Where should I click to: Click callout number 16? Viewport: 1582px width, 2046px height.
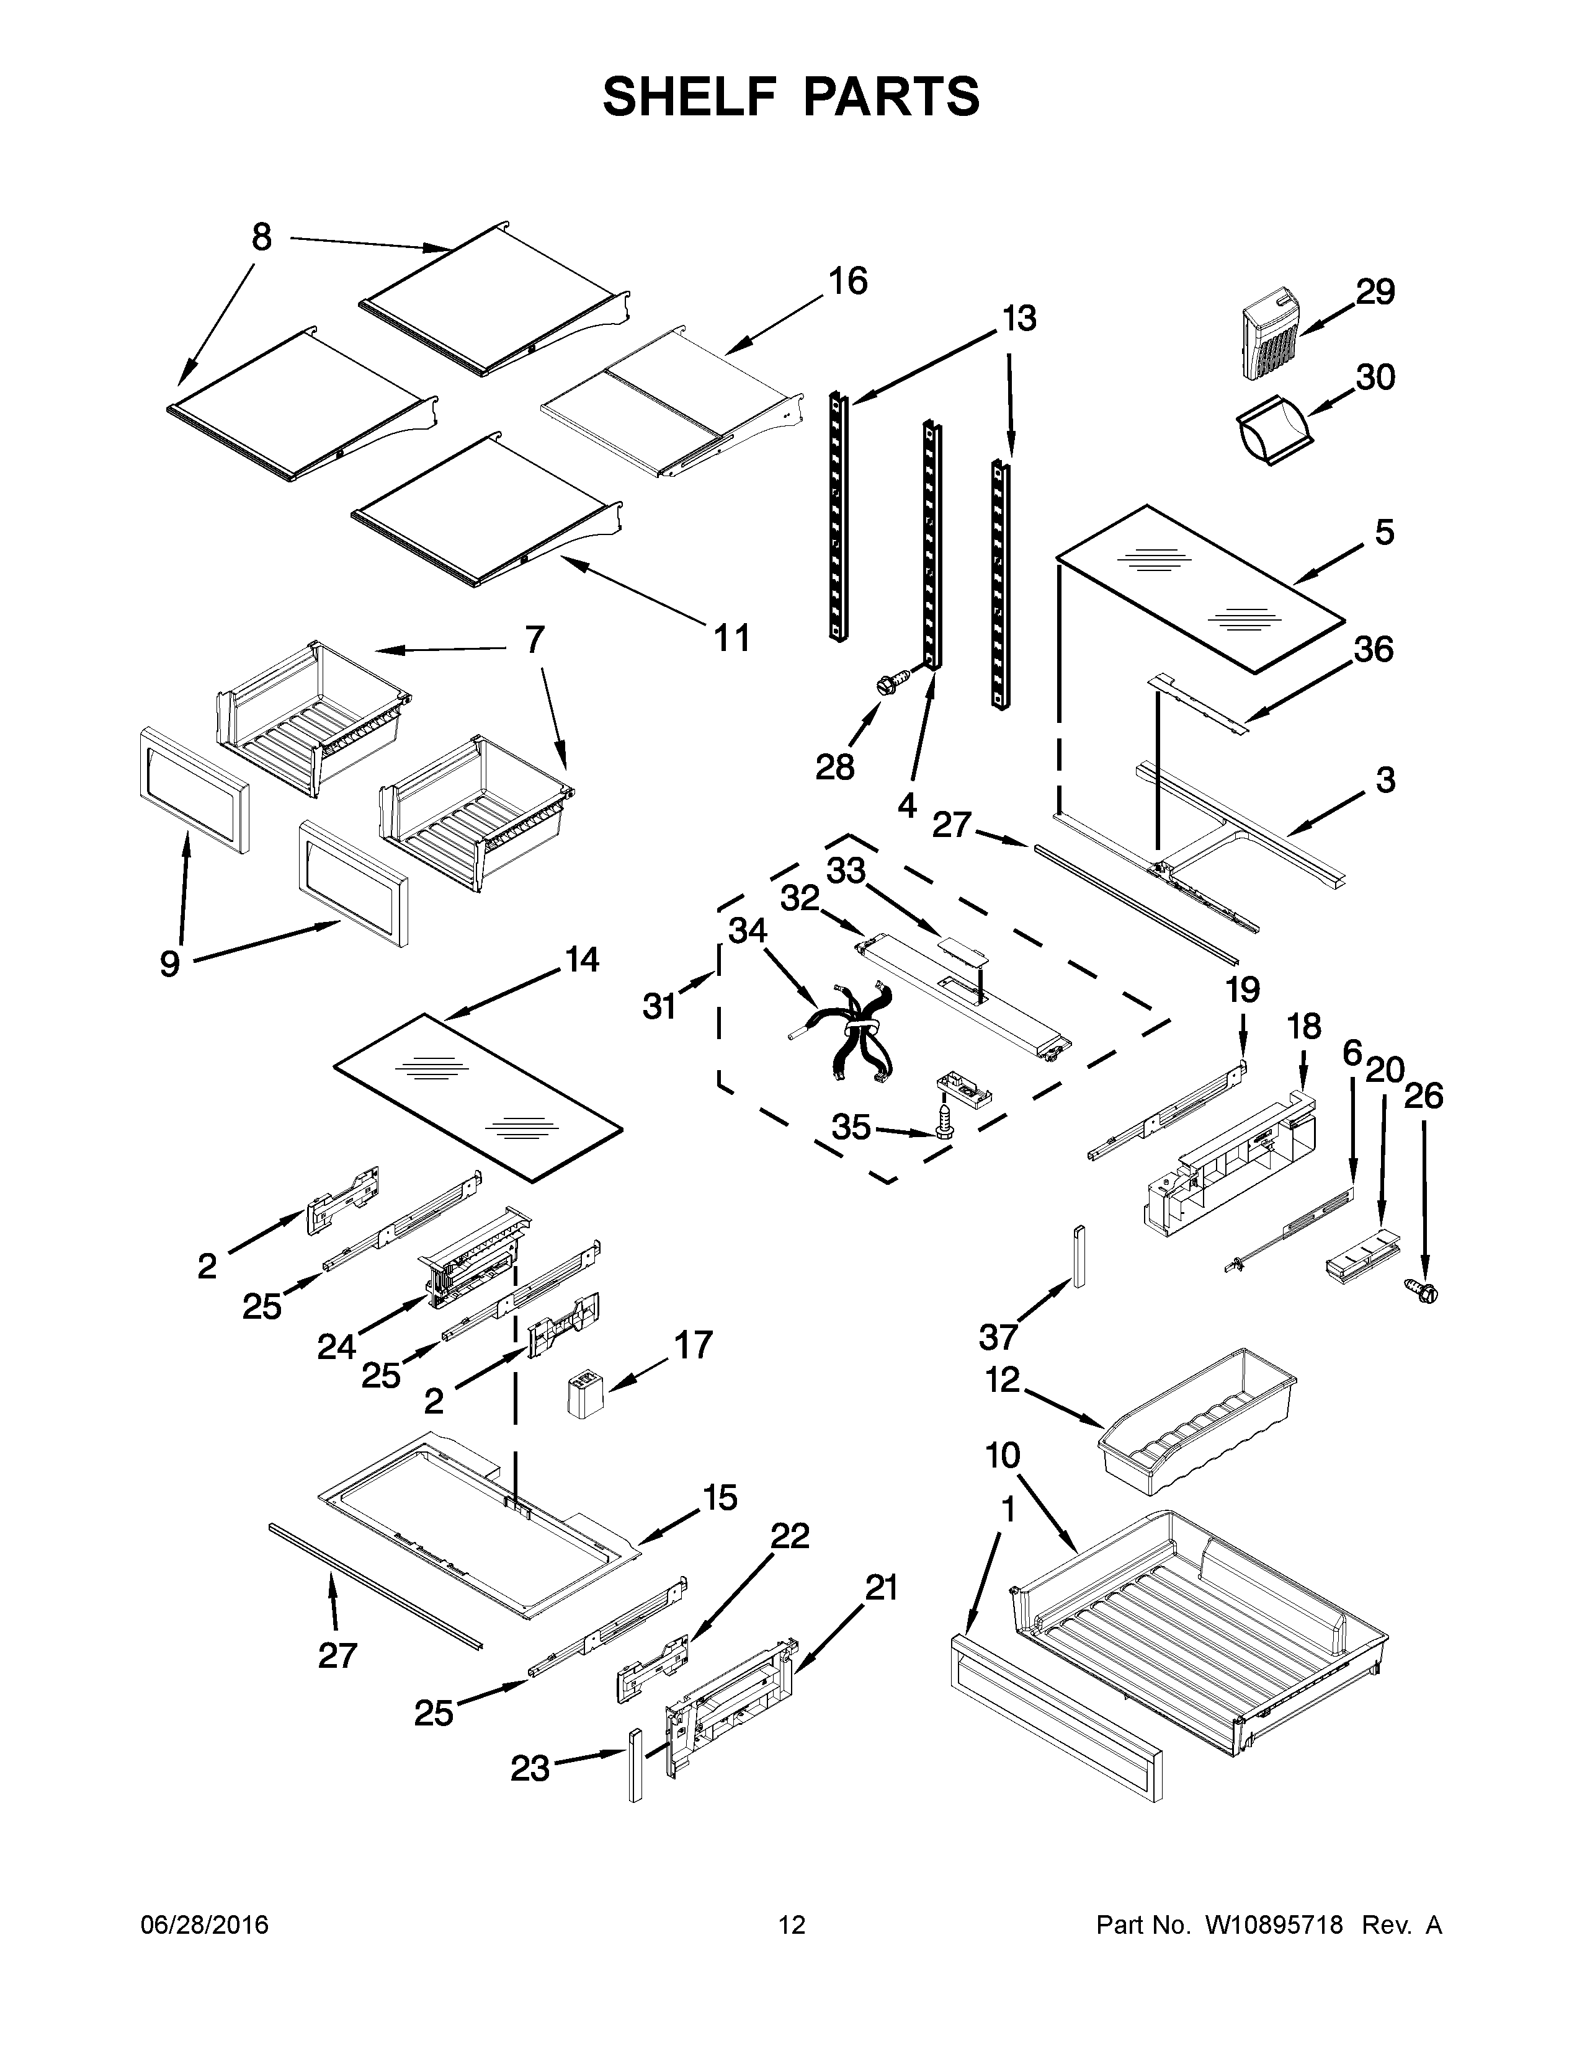[848, 281]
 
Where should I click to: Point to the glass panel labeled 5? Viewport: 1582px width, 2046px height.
[1200, 587]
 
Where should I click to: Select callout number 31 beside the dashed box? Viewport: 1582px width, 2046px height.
[659, 1006]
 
